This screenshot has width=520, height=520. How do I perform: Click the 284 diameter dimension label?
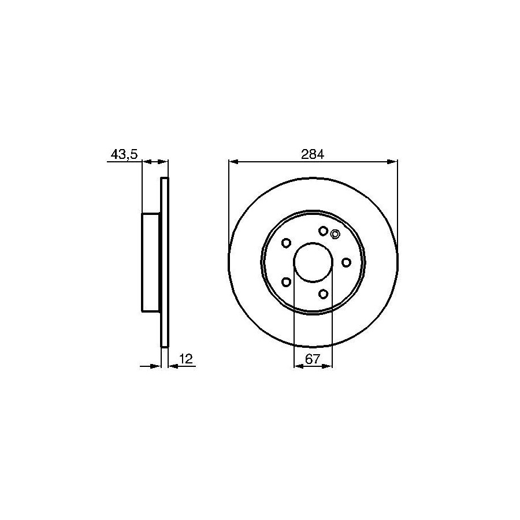tap(313, 154)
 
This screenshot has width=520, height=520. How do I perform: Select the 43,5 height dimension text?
tap(124, 154)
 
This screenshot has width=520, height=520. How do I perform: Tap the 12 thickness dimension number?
tap(186, 358)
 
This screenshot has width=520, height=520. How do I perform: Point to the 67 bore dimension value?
tap(313, 359)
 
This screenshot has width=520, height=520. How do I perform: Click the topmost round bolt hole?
tap(323, 231)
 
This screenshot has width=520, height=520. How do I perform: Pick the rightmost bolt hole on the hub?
tap(346, 262)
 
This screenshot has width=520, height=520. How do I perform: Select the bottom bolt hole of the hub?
tap(323, 294)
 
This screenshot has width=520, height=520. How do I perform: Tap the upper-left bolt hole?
tap(286, 243)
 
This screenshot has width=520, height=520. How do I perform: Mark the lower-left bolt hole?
tap(286, 282)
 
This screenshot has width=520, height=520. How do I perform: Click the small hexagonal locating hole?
tap(335, 234)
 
